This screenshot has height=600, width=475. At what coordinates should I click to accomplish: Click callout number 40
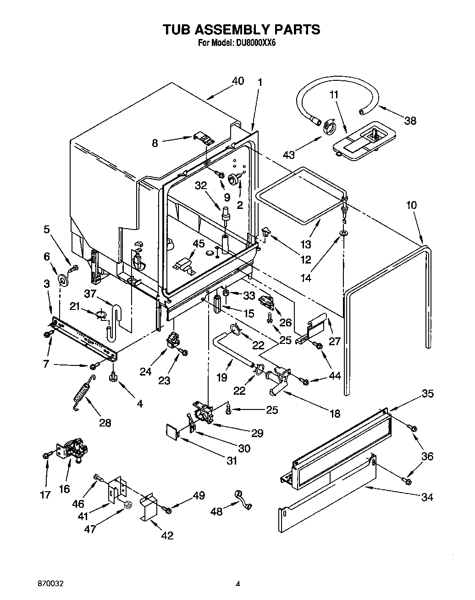coord(238,81)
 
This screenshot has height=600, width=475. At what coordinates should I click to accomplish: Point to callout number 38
coord(410,121)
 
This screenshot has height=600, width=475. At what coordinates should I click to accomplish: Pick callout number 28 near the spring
coord(105,423)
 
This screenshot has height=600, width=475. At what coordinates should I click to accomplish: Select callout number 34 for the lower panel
coord(427,497)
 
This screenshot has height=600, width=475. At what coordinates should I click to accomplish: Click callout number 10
coord(412,205)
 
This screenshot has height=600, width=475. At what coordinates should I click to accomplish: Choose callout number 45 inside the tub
coord(199,243)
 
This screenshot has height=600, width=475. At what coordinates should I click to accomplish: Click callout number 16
coord(64,489)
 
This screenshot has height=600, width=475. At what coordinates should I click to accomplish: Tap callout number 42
coord(167,535)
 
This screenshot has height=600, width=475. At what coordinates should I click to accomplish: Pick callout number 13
coord(306,245)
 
